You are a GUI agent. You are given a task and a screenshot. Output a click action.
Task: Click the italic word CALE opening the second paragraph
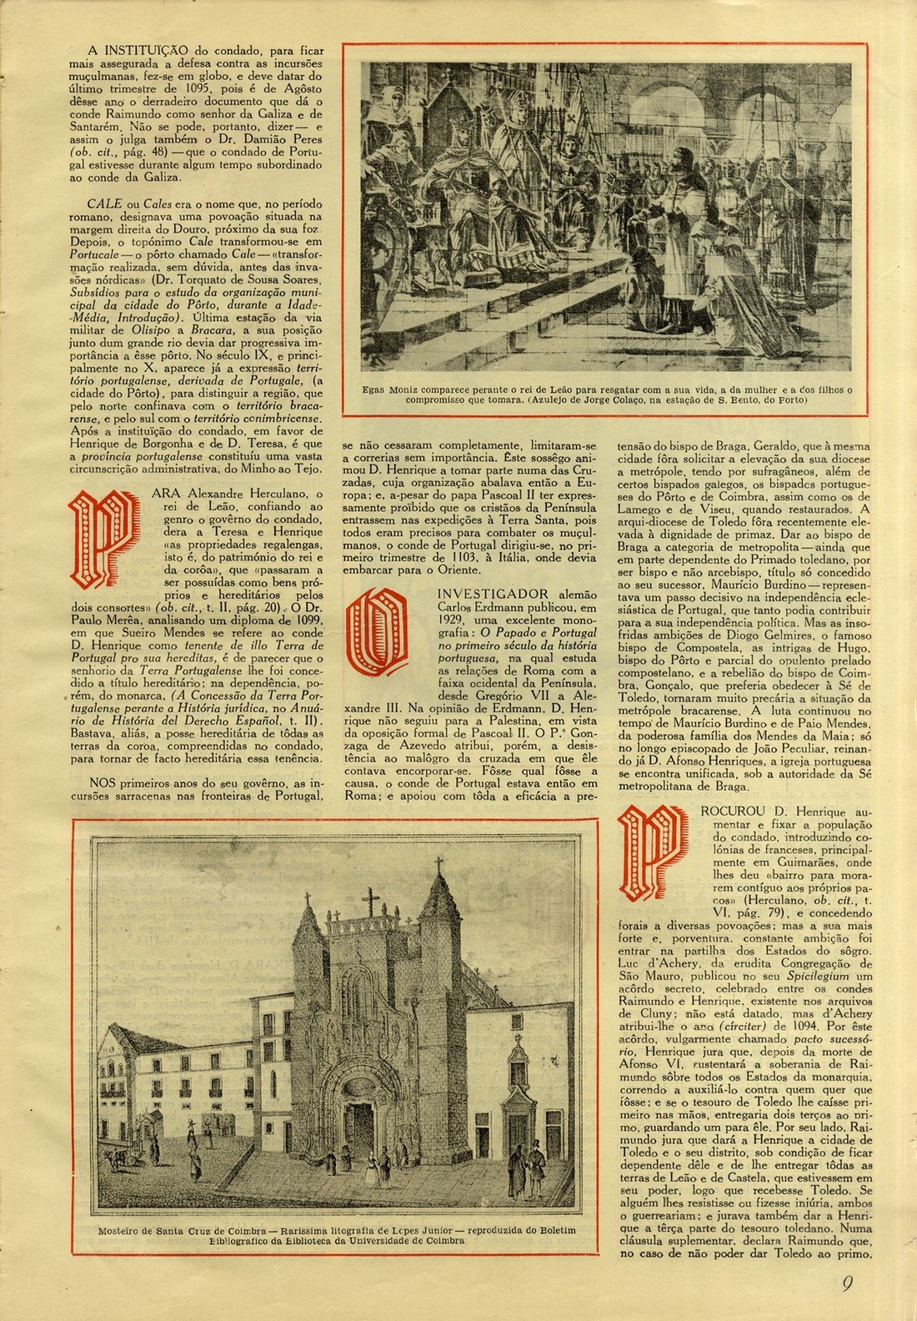tap(101, 203)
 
